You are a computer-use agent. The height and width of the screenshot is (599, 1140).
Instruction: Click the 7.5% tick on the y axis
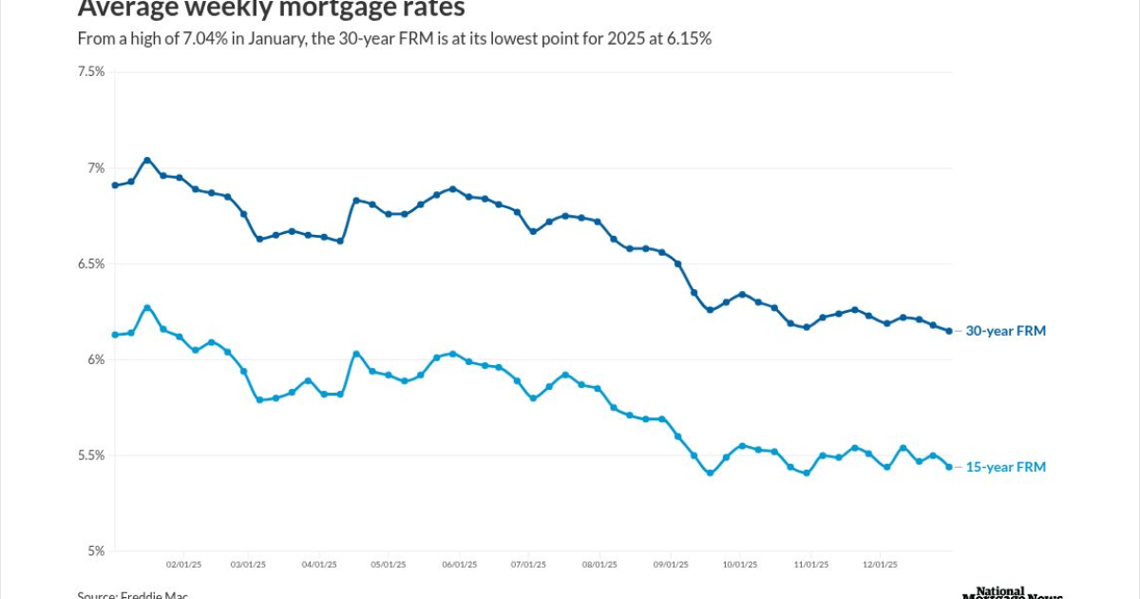(91, 71)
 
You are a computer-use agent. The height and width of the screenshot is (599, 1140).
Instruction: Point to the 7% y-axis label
(95, 168)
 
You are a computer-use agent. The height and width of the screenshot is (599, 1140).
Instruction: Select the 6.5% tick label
(91, 263)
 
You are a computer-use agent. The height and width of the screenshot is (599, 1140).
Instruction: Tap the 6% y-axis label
(95, 359)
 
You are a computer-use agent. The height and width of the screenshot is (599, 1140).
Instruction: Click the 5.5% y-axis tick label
(91, 455)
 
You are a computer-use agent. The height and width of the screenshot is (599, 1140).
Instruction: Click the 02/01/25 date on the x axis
(183, 564)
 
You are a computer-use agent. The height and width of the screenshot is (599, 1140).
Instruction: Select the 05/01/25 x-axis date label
(389, 564)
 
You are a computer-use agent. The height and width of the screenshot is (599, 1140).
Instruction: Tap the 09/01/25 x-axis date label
(671, 564)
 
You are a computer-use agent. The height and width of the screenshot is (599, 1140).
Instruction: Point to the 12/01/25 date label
(879, 564)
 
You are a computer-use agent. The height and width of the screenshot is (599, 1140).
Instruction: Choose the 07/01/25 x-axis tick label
(529, 564)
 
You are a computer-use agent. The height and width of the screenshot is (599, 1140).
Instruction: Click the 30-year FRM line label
(1005, 331)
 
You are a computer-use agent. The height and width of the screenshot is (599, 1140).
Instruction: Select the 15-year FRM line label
(1005, 467)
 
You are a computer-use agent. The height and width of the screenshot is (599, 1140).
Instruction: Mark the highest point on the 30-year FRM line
(147, 160)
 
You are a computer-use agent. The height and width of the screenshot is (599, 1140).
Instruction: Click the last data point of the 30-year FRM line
(949, 331)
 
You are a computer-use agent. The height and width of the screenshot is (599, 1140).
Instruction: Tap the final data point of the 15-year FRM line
(949, 467)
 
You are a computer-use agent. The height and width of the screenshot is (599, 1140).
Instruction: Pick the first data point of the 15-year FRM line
(115, 335)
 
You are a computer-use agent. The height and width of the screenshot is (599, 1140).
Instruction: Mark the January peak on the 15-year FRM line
(147, 307)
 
